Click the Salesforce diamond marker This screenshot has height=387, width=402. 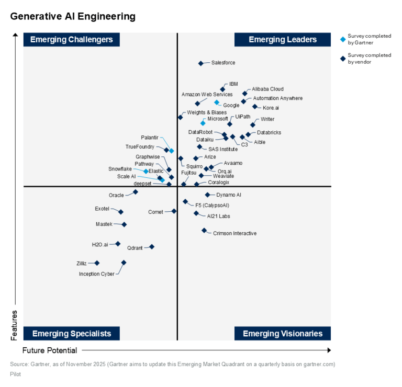[x=200, y=63]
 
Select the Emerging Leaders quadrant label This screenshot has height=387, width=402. [x=283, y=40]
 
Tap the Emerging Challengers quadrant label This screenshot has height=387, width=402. [x=72, y=40]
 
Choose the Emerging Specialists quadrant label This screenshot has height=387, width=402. [x=72, y=334]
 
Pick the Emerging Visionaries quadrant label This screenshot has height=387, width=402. [x=283, y=334]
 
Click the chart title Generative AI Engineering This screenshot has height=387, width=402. [x=73, y=16]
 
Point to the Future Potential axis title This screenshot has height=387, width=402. [x=50, y=350]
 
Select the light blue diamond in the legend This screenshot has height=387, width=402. [x=343, y=39]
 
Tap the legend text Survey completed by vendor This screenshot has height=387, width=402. [x=369, y=58]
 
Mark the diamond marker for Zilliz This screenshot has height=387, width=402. [x=97, y=263]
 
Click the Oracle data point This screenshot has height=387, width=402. [x=136, y=192]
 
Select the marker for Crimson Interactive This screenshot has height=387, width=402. [x=204, y=230]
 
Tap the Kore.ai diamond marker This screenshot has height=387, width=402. [x=255, y=107]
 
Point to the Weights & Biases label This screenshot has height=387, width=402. [x=207, y=112]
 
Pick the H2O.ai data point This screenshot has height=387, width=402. [x=118, y=244]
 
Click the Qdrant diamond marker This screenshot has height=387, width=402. [x=152, y=246]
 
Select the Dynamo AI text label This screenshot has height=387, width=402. [x=229, y=195]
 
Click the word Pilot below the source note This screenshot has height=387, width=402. [x=15, y=374]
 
